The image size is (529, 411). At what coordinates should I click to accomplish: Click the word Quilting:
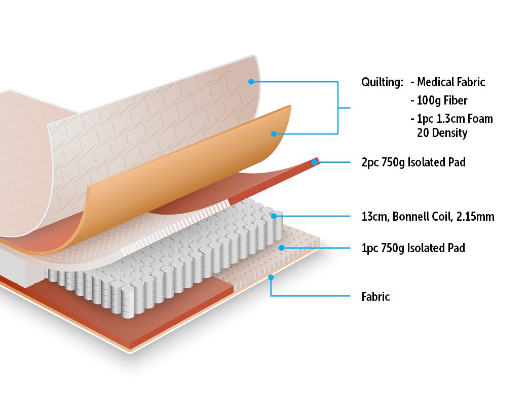tap(382, 82)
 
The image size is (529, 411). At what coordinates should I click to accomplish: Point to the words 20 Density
tap(442, 133)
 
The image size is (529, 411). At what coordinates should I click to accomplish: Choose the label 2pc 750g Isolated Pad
tap(413, 163)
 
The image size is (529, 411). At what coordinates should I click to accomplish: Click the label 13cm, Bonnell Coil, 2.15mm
tap(428, 217)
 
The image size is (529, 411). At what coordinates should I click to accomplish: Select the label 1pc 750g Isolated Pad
tap(413, 248)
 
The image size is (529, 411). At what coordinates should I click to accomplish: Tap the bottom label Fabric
tap(375, 297)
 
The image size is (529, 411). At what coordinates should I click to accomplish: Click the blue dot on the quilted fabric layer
tap(250, 81)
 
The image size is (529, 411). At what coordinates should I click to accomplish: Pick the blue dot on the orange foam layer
tap(273, 134)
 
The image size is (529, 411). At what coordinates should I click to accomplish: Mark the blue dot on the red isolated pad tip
tap(315, 162)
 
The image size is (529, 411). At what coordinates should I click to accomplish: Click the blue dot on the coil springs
tap(274, 216)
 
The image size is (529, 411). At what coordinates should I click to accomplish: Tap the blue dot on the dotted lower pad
tap(282, 248)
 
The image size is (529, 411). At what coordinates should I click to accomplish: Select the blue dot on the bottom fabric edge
tap(271, 278)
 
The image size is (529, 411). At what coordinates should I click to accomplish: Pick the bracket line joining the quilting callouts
tap(338, 108)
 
